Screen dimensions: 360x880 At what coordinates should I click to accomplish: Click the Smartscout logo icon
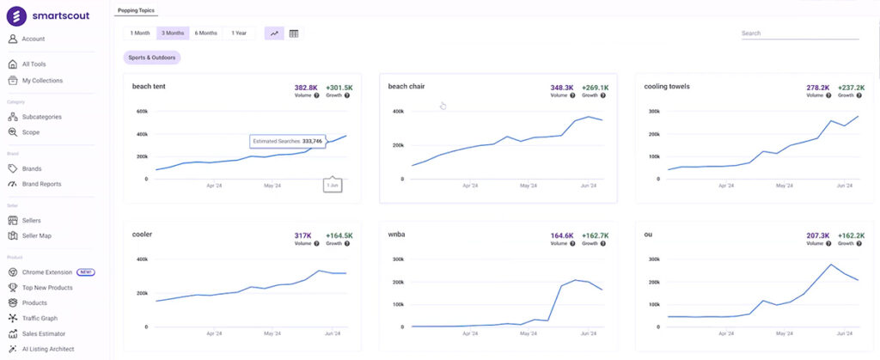pos(18,15)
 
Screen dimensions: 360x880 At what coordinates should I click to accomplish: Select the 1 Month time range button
pos(140,34)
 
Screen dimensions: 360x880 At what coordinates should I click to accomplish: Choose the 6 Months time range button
pos(205,34)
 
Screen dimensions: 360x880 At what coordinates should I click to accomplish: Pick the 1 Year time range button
pos(238,34)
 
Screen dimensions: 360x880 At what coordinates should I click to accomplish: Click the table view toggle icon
pos(294,34)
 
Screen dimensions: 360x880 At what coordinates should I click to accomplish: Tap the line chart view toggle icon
pos(274,34)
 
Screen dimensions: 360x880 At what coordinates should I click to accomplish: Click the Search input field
pos(799,34)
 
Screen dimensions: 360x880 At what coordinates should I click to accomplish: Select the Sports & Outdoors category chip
pos(152,58)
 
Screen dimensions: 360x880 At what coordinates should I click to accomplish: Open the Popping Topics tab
pos(136,10)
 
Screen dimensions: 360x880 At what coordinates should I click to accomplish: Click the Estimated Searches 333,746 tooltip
pos(288,141)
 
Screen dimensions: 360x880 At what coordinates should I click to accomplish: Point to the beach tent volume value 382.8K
pos(306,88)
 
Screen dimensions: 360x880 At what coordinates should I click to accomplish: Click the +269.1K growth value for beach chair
pos(595,88)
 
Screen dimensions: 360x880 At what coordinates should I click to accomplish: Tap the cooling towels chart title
pos(667,87)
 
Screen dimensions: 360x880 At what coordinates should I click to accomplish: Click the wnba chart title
pos(397,234)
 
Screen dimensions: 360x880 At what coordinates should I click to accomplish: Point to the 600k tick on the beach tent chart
pos(142,111)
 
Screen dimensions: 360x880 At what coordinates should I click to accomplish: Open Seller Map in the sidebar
pos(37,235)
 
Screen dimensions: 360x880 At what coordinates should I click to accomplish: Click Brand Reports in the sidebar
pos(41,184)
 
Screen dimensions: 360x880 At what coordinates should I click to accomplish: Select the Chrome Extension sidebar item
pos(47,272)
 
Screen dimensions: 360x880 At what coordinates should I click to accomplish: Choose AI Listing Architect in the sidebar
pos(48,349)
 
